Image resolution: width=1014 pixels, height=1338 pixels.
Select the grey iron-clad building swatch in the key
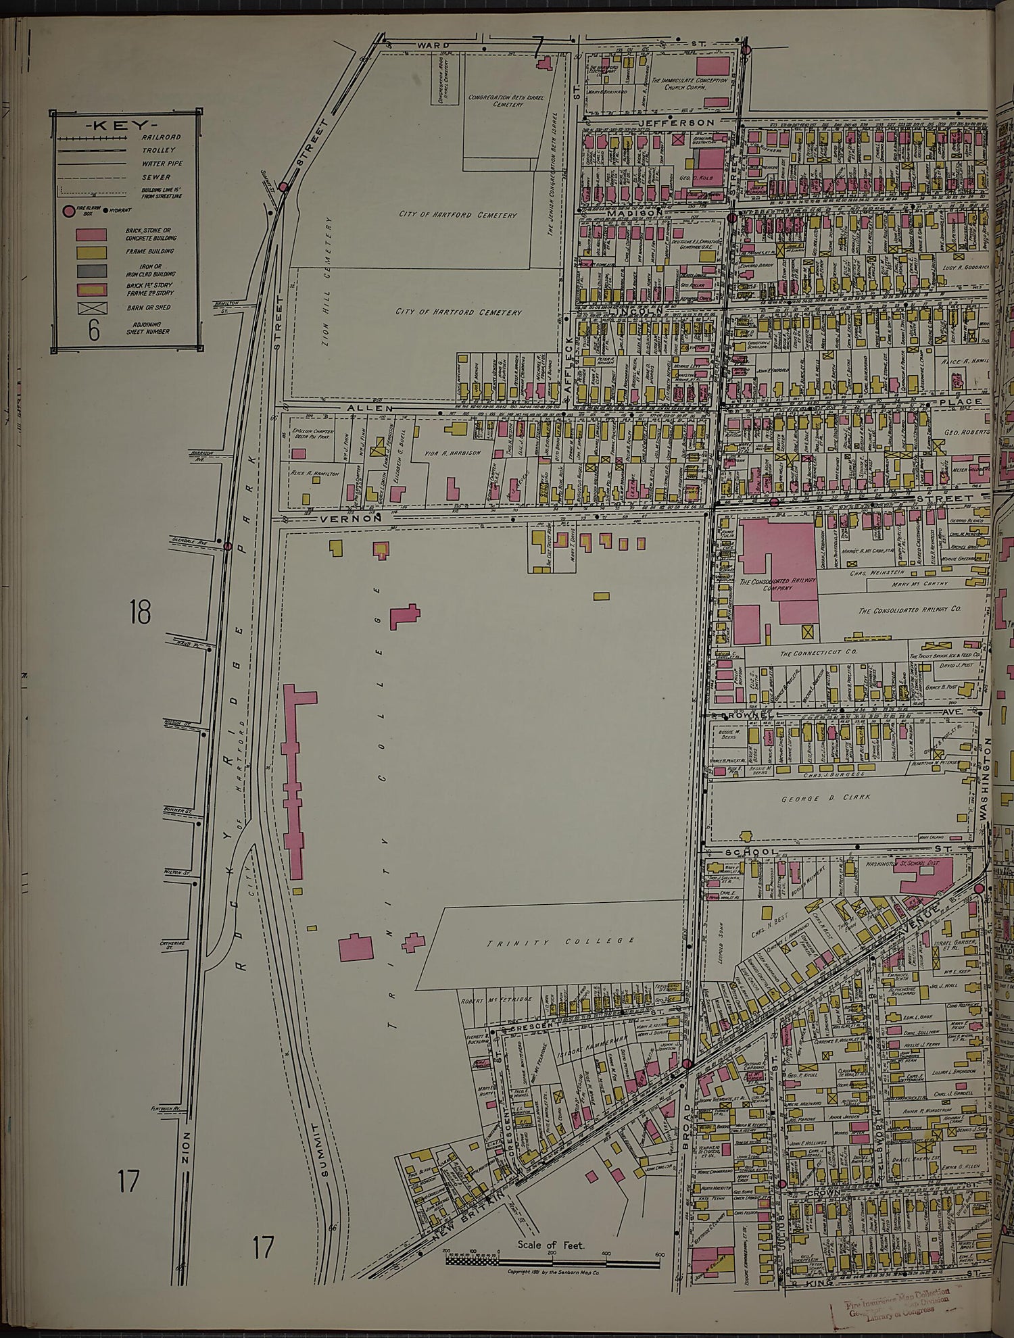tap(91, 271)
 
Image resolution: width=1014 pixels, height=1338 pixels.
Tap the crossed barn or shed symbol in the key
tap(91, 308)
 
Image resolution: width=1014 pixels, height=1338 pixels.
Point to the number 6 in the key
tap(93, 330)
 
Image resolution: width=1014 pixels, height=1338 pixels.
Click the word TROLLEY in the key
tap(158, 150)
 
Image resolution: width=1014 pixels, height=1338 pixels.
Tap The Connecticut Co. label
tap(809, 654)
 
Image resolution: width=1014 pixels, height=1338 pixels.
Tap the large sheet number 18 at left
tap(140, 613)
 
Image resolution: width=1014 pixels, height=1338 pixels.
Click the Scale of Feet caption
tap(551, 1245)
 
